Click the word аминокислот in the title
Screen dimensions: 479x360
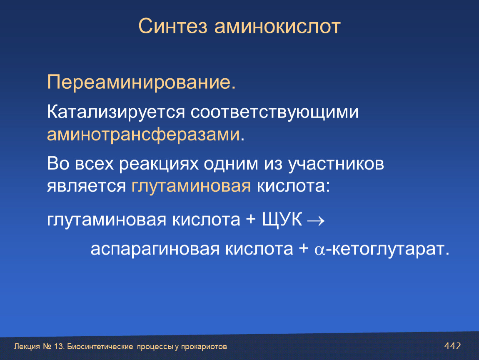point(277,26)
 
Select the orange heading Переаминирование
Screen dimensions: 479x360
point(142,82)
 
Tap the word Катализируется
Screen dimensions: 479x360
point(116,112)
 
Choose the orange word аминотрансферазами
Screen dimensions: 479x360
point(143,135)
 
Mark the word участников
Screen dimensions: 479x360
point(336,164)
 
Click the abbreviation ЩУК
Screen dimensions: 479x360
point(282,220)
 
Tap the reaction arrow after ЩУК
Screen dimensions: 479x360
point(316,221)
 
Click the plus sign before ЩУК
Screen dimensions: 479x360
point(250,220)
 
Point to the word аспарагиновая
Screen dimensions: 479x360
point(155,250)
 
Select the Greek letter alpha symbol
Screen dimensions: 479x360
point(320,250)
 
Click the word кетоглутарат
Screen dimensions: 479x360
point(388,249)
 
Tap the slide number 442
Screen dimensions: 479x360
point(453,346)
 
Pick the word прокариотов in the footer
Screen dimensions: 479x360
point(204,347)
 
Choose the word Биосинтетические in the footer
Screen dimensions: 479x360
point(100,347)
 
